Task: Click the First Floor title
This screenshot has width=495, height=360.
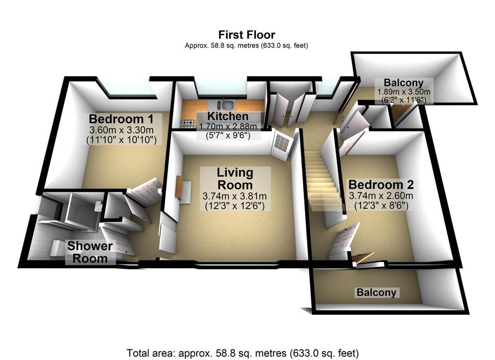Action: (x=247, y=34)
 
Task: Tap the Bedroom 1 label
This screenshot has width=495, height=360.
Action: (x=121, y=119)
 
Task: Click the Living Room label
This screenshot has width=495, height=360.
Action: (x=235, y=179)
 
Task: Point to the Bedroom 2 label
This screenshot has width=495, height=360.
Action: (x=381, y=184)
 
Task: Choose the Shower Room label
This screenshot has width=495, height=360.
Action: (x=90, y=252)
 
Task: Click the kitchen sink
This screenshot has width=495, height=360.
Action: (x=226, y=104)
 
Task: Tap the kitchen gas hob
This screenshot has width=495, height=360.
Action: (x=188, y=124)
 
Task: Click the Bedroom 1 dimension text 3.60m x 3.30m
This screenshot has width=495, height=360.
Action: (x=121, y=130)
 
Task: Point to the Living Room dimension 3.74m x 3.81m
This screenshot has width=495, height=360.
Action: (x=234, y=196)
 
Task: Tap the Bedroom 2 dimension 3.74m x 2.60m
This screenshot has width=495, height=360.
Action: (x=381, y=196)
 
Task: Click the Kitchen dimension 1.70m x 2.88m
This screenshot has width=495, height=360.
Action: (x=228, y=126)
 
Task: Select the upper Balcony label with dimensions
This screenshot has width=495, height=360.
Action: (x=404, y=91)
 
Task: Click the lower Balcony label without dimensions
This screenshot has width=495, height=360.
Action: (x=376, y=292)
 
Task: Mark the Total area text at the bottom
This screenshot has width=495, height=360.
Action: (x=243, y=352)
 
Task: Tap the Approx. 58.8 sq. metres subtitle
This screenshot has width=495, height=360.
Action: (x=247, y=45)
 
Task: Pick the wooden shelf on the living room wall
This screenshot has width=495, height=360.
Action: (x=179, y=187)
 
